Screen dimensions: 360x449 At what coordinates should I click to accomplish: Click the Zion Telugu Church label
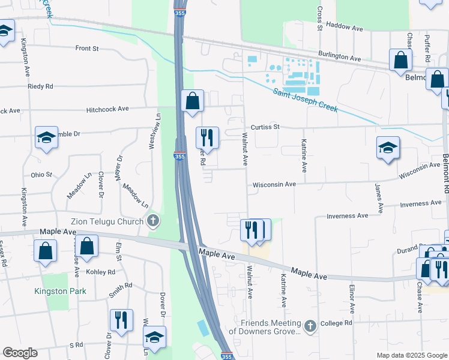coord(107,221)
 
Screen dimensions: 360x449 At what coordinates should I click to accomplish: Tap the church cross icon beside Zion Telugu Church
coord(153,221)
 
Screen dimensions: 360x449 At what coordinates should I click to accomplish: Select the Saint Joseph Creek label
coord(306,100)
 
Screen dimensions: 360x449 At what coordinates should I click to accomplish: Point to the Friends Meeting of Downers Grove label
coord(270,327)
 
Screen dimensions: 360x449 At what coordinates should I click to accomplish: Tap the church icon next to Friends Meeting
coord(310,326)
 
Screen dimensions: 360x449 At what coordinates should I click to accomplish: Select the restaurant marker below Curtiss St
coord(207,137)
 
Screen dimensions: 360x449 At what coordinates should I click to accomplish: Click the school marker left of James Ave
coord(388,147)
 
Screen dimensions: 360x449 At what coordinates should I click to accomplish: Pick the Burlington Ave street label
coord(339,56)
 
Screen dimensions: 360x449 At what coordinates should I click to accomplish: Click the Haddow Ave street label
coord(348,28)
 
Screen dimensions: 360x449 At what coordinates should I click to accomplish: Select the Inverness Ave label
coord(346,215)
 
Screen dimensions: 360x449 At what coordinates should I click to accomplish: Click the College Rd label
coord(336,323)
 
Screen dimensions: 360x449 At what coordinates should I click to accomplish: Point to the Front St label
coord(86,48)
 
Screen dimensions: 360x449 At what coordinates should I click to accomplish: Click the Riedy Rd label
coord(40,86)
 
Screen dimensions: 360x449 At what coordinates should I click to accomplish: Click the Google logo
coord(19,353)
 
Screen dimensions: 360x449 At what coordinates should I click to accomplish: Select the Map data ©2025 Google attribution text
coord(411,355)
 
